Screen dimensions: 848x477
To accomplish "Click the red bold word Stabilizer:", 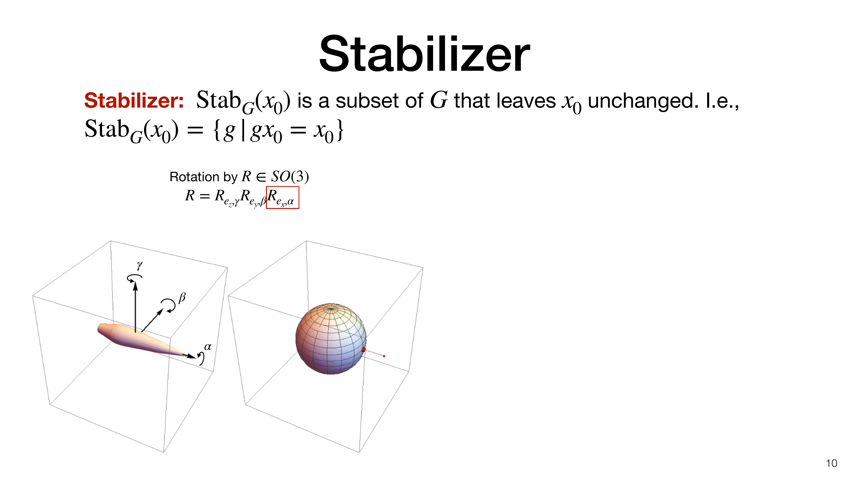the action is pyautogui.click(x=134, y=100).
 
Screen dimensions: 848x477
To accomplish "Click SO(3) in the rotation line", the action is pyautogui.click(x=290, y=177).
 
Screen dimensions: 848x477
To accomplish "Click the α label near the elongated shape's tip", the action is pyautogui.click(x=208, y=347).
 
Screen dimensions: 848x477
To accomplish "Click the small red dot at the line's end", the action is pyautogui.click(x=384, y=356).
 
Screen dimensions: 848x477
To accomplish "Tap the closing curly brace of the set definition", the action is pyautogui.click(x=340, y=130).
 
